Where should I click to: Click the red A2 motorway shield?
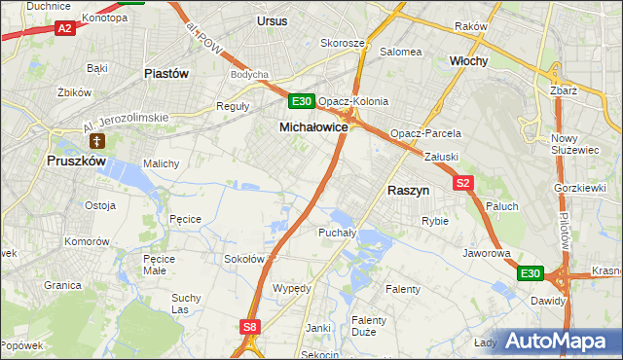pyautogui.click(x=64, y=29)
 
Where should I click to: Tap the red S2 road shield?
pyautogui.click(x=463, y=182)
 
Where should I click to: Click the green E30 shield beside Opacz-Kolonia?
pyautogui.click(x=302, y=101)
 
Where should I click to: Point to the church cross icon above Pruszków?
pyautogui.click(x=96, y=142)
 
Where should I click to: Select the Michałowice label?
pyautogui.click(x=313, y=126)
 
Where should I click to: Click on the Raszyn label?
pyautogui.click(x=410, y=192)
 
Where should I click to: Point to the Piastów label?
pyautogui.click(x=165, y=73)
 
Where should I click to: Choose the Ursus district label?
pyautogui.click(x=273, y=19)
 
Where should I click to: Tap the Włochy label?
pyautogui.click(x=468, y=60)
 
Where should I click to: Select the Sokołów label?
pyautogui.click(x=244, y=259)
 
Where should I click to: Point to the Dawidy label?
pyautogui.click(x=548, y=301)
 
